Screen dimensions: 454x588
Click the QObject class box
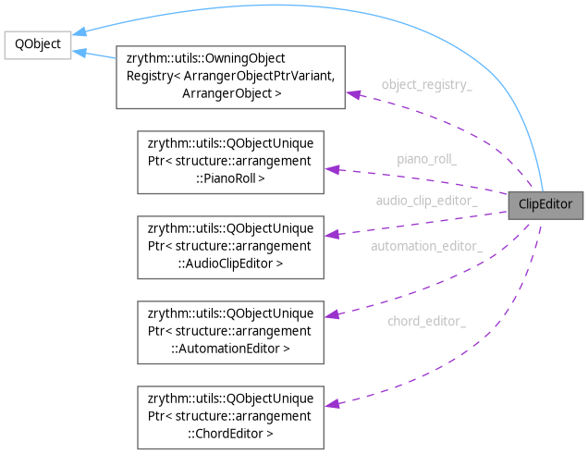37,45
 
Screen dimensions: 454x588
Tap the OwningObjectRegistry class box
230,75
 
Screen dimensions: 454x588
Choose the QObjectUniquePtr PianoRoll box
230,161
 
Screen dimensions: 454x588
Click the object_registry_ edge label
426,84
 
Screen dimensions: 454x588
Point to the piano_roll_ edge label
426,158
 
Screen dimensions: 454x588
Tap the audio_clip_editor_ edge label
426,200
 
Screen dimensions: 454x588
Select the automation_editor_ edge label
426,246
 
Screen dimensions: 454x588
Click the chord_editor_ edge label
426,321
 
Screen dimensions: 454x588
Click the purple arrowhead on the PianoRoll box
331,169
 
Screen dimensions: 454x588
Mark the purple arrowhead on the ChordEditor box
331,404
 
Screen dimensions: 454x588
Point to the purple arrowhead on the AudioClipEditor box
331,234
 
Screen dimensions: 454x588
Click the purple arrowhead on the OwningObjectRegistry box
352,92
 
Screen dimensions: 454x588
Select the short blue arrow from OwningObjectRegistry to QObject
93,55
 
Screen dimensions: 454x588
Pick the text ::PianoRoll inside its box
229,178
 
